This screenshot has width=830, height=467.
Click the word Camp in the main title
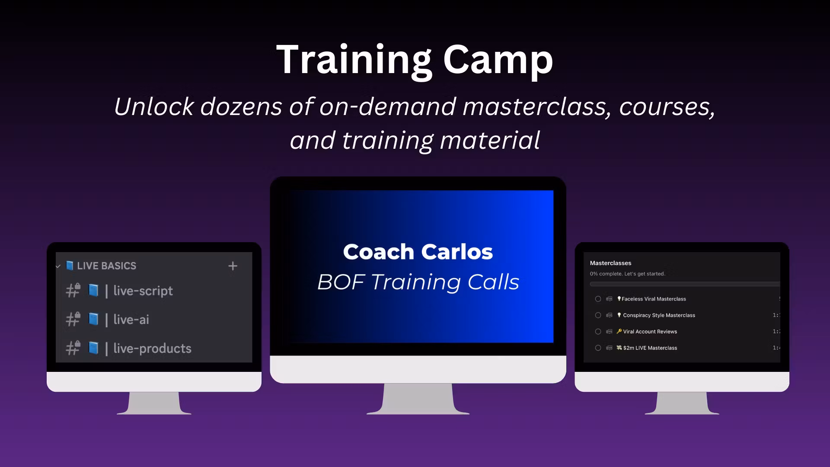[x=498, y=61]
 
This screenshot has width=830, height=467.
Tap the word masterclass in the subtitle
[x=536, y=106]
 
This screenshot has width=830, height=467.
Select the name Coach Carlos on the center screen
[x=418, y=252]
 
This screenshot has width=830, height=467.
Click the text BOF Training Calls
[x=418, y=282]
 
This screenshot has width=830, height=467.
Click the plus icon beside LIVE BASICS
[x=233, y=266]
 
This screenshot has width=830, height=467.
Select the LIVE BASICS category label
[x=106, y=266]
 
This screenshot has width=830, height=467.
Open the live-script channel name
[x=143, y=291]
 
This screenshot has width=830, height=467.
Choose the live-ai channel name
[x=131, y=320]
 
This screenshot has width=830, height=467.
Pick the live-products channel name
[x=152, y=349]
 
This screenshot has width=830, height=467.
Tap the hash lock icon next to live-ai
[x=73, y=320]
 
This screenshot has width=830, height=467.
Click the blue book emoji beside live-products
[x=93, y=348]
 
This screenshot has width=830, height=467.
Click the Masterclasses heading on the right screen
[x=610, y=263]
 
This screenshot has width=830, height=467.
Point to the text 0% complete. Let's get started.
[x=627, y=274]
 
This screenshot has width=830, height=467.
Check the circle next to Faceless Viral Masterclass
[x=598, y=299]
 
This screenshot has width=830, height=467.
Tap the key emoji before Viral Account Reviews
[x=619, y=332]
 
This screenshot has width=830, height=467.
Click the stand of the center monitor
[x=418, y=399]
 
